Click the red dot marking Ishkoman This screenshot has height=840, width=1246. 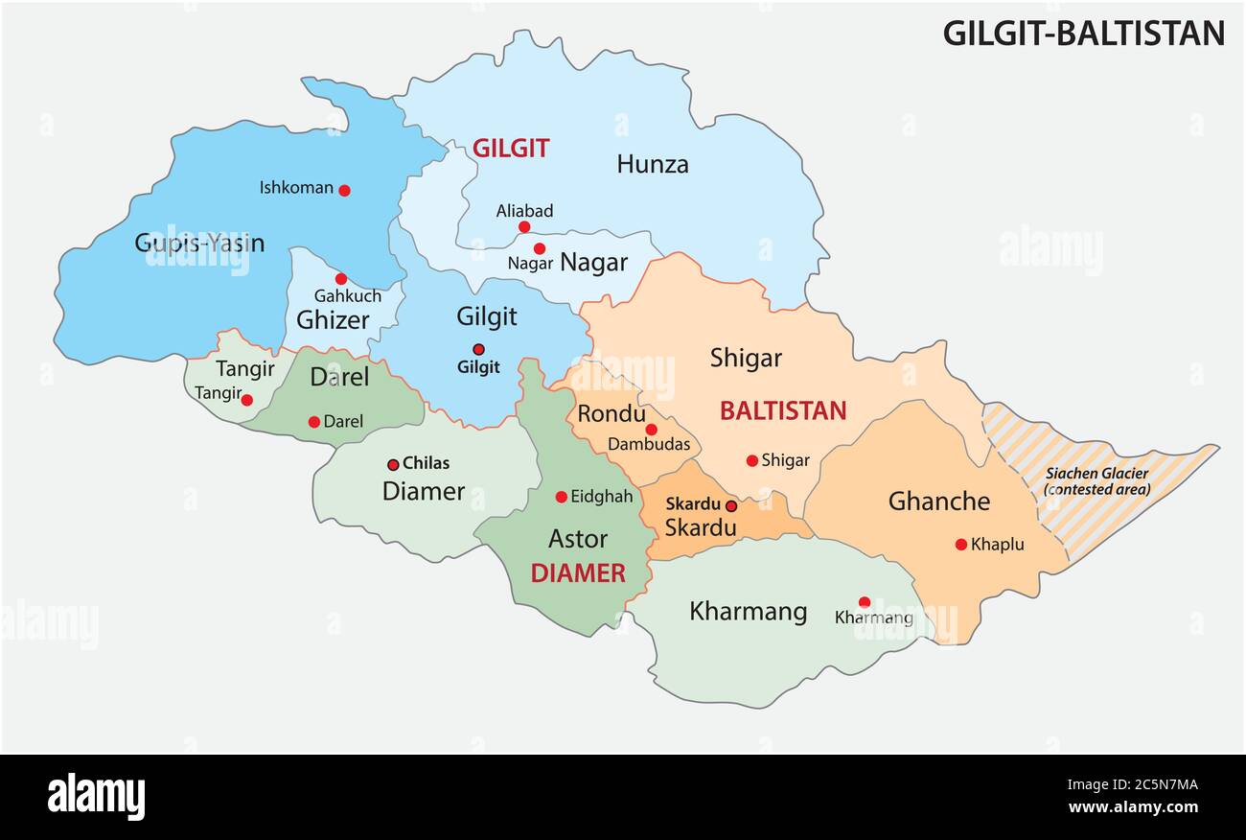344,190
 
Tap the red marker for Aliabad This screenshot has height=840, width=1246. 524,227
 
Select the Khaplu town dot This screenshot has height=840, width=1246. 960,545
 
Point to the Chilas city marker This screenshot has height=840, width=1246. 393,464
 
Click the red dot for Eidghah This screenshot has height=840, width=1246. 562,497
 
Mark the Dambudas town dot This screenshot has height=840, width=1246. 651,430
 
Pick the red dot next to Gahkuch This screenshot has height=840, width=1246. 340,279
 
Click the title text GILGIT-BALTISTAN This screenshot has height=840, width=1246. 1083,34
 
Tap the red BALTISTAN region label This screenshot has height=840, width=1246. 783,411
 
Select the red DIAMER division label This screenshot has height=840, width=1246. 578,573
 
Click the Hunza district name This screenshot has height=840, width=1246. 652,164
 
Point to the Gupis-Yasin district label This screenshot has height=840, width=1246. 199,243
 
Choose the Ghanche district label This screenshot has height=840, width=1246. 938,501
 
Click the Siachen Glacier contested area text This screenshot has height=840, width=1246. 1096,481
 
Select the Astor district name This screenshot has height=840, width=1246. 577,539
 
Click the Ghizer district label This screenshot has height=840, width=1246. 333,319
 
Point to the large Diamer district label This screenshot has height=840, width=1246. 423,491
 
